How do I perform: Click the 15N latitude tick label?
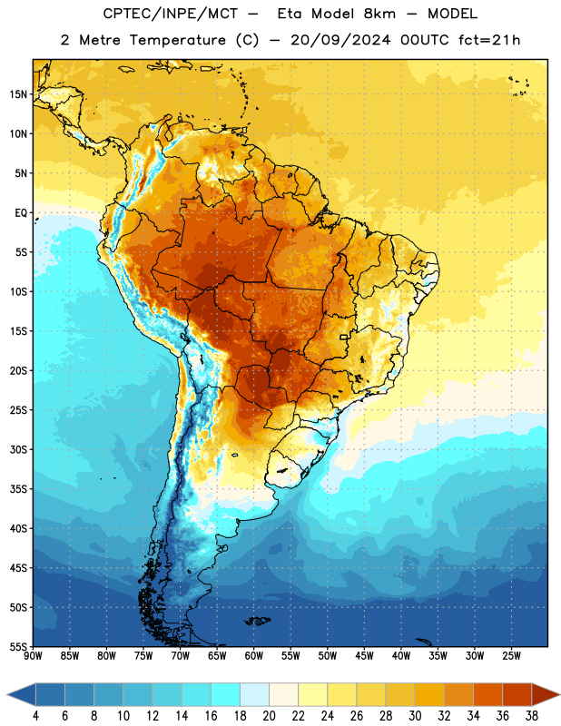pyautogui.click(x=19, y=94)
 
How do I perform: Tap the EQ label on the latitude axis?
pyautogui.click(x=21, y=213)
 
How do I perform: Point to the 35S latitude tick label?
pyautogui.click(x=19, y=489)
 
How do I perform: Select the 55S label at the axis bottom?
pyautogui.click(x=19, y=646)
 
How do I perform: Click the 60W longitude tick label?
pyautogui.click(x=254, y=655)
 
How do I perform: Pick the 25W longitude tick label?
pyautogui.click(x=511, y=655)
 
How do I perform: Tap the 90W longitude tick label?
pyautogui.click(x=33, y=655)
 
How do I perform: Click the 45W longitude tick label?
pyautogui.click(x=364, y=655)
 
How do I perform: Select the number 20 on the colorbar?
pyautogui.click(x=269, y=716)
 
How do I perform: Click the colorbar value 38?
pyautogui.click(x=531, y=716)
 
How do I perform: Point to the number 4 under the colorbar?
pyautogui.click(x=35, y=716)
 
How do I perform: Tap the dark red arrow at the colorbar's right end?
pyautogui.click(x=546, y=694)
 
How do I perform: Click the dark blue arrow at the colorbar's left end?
pyautogui.click(x=21, y=694)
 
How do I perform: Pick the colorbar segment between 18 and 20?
pyautogui.click(x=254, y=694)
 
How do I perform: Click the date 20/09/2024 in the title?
pyautogui.click(x=340, y=40)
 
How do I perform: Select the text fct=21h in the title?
pyautogui.click(x=489, y=40)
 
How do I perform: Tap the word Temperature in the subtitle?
pyautogui.click(x=177, y=40)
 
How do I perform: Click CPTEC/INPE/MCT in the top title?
pyautogui.click(x=170, y=14)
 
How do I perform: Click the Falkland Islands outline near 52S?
pyautogui.click(x=258, y=621)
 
